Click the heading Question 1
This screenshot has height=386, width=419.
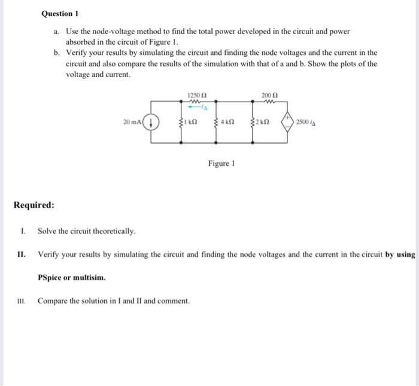pos(60,13)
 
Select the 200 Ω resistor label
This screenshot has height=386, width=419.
pos(269,95)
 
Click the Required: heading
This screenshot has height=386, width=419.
pos(34,205)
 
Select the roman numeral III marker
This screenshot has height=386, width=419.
pos(24,300)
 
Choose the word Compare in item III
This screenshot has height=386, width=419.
pos(53,300)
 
